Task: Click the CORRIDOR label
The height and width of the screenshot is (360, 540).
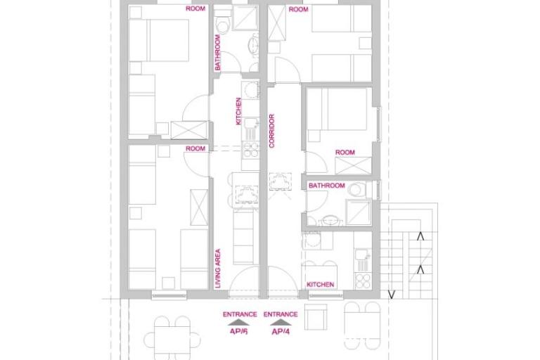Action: coord(272,131)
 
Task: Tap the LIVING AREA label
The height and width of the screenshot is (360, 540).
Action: coord(219,268)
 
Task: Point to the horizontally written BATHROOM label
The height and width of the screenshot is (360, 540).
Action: coord(327,186)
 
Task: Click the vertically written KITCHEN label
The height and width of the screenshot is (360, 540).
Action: coord(239,112)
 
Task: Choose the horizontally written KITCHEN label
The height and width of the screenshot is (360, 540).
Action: coord(320,285)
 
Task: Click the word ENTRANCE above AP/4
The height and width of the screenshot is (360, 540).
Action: coord(281,314)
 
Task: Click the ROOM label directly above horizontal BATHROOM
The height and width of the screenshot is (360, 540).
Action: coord(345,153)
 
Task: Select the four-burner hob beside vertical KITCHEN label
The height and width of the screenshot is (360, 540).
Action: coord(250,148)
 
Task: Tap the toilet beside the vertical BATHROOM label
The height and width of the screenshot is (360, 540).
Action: coord(224,27)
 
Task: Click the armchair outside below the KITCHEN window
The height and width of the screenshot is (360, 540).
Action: coord(317,318)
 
